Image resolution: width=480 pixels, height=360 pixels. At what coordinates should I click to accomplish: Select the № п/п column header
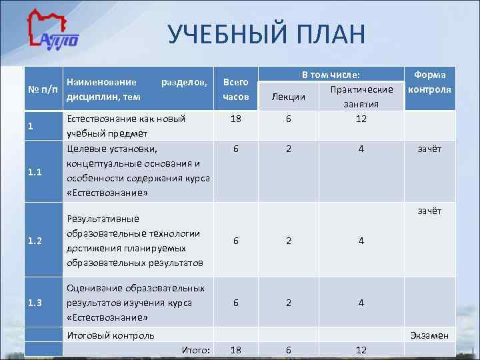click(43, 89)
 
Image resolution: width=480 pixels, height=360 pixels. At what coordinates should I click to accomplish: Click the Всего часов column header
click(235, 89)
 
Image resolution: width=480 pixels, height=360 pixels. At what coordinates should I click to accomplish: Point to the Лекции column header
click(289, 97)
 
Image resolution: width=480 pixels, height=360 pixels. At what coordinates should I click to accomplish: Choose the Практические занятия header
click(361, 97)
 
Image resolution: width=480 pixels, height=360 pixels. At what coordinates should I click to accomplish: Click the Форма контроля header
click(430, 82)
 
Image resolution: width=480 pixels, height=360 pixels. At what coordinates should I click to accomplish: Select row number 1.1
click(35, 171)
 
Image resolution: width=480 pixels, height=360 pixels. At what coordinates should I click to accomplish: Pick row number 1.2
click(35, 241)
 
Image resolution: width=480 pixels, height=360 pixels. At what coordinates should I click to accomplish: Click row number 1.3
click(35, 303)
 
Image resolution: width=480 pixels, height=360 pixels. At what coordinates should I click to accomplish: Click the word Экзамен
click(429, 335)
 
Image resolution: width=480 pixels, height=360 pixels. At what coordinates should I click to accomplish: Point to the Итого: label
click(196, 350)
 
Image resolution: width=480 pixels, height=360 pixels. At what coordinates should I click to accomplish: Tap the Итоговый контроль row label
click(111, 335)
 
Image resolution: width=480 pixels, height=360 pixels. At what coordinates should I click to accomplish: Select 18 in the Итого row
click(235, 350)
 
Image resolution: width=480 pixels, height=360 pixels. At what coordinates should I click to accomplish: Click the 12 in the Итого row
click(361, 350)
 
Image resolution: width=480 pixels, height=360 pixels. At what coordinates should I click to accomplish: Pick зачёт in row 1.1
click(429, 149)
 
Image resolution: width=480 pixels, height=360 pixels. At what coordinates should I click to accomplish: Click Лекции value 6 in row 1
click(289, 119)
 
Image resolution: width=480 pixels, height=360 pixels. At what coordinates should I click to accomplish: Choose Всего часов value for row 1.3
click(235, 303)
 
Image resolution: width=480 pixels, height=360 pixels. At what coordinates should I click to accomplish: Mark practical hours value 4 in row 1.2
click(361, 241)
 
